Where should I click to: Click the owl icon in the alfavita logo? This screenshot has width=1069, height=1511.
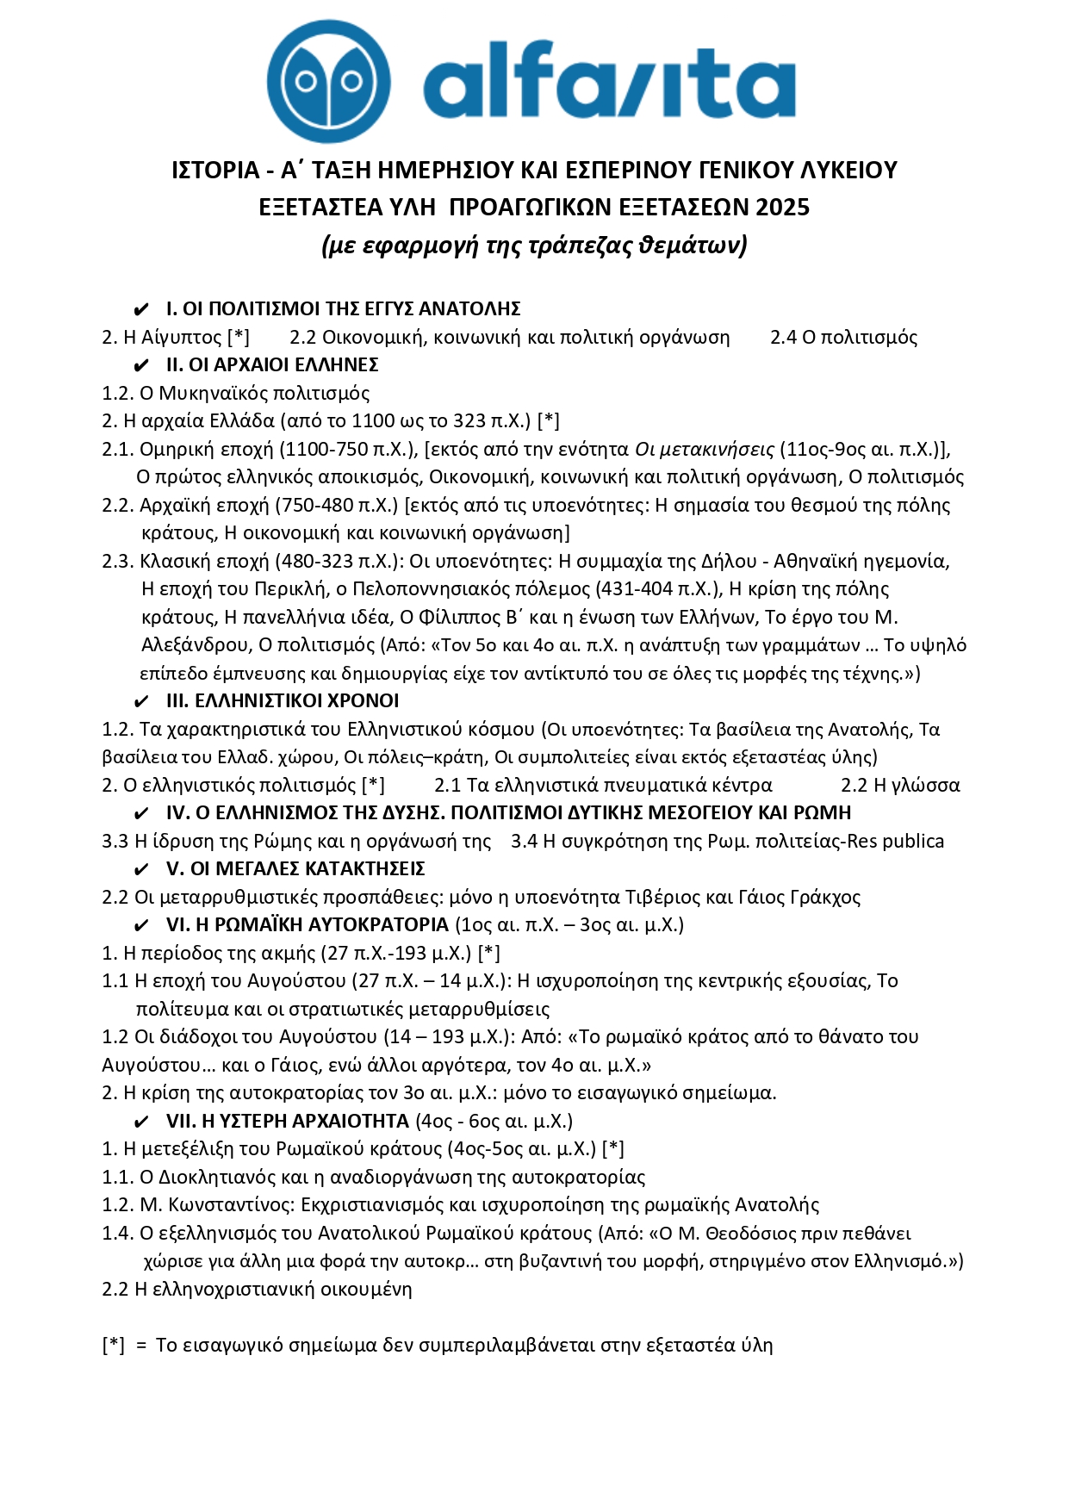(x=328, y=82)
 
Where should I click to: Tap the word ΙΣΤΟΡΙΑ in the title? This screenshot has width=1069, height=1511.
(x=215, y=170)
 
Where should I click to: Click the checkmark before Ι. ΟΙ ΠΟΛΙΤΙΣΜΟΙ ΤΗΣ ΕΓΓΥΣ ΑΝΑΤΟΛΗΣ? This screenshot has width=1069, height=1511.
(x=142, y=309)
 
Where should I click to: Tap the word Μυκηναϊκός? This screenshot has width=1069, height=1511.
(x=215, y=393)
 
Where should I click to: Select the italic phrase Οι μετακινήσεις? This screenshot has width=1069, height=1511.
(x=704, y=449)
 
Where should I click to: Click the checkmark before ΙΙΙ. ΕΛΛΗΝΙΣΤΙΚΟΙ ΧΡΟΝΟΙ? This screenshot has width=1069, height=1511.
(x=142, y=701)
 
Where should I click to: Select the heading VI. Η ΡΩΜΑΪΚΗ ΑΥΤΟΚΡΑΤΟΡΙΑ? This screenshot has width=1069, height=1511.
(x=307, y=925)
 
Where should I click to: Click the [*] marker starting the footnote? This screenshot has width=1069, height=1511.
(x=113, y=1345)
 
